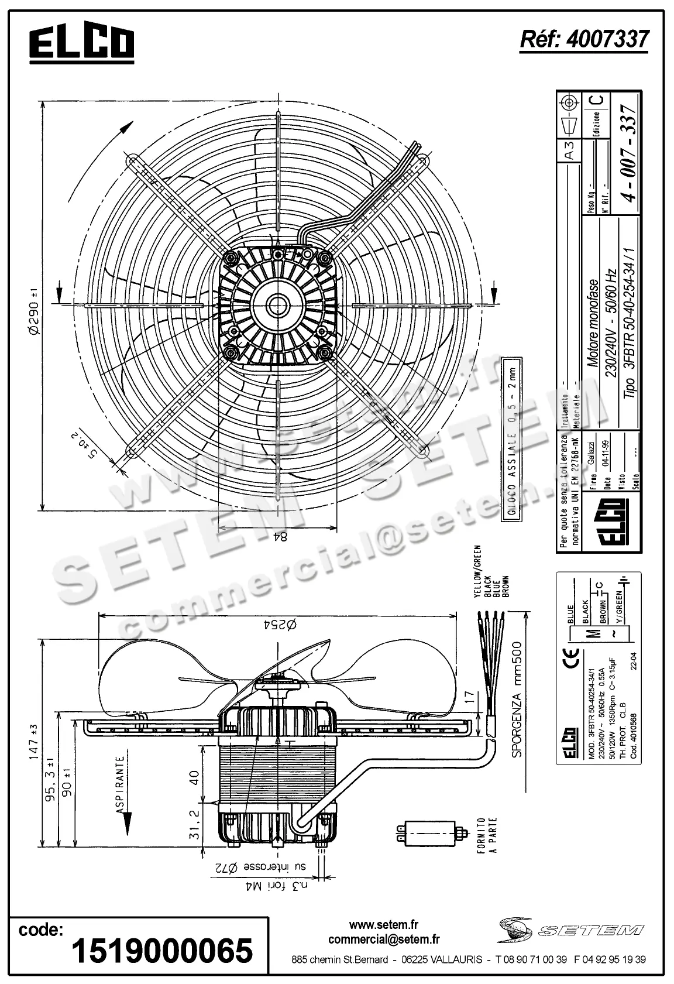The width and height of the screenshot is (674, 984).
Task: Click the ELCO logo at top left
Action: pos(82,43)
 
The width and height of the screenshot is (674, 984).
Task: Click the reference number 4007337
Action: pos(584,39)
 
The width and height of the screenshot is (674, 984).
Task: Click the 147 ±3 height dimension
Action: pos(32,741)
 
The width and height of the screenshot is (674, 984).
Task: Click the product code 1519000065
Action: pos(162,950)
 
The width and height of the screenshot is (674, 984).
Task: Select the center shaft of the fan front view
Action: pos(277,304)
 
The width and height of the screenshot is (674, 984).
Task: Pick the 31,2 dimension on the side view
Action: pos(195,824)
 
